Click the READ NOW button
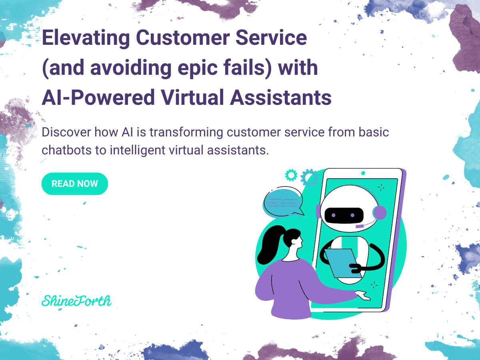tap(75, 184)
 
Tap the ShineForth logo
tap(76, 300)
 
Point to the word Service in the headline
tap(272, 38)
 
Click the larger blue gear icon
tap(309, 178)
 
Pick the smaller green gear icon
tap(291, 174)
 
